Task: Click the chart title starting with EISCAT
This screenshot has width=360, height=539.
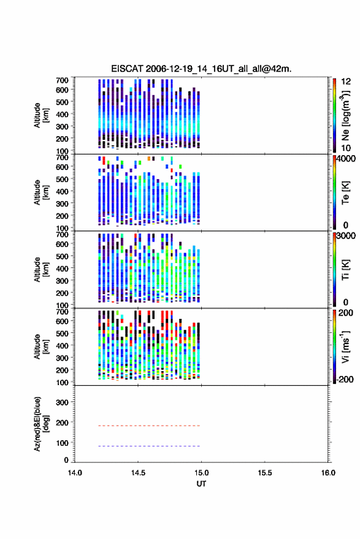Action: pyautogui.click(x=201, y=69)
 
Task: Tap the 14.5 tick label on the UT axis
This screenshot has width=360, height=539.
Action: pyautogui.click(x=138, y=473)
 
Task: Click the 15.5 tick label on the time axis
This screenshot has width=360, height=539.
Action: pyautogui.click(x=265, y=473)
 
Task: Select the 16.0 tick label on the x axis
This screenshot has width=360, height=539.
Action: pyautogui.click(x=328, y=473)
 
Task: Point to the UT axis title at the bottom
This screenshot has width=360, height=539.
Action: pyautogui.click(x=201, y=484)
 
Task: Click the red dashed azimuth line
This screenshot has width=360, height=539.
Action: pyautogui.click(x=148, y=426)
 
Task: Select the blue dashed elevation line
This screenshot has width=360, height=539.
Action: pyautogui.click(x=148, y=446)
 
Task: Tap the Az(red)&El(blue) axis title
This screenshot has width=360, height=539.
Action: pyautogui.click(x=41, y=424)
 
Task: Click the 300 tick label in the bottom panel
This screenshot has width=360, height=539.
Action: pyautogui.click(x=62, y=402)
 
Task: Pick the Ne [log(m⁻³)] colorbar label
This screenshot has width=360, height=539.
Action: pyautogui.click(x=345, y=115)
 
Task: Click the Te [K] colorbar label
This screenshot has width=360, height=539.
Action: pyautogui.click(x=345, y=193)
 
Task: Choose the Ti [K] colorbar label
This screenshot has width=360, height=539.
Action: pyautogui.click(x=345, y=270)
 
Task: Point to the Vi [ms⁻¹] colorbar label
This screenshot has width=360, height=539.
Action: pyautogui.click(x=345, y=346)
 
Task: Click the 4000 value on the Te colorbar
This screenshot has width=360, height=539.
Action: pyautogui.click(x=347, y=159)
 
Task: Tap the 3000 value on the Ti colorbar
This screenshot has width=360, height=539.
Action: pyautogui.click(x=347, y=236)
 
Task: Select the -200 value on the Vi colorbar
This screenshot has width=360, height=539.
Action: pyautogui.click(x=344, y=379)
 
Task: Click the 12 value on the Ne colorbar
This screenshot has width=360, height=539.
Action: pyautogui.click(x=346, y=82)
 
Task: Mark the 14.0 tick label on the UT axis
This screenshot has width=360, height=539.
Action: pyautogui.click(x=75, y=473)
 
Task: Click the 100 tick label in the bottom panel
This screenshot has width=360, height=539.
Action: pyautogui.click(x=62, y=443)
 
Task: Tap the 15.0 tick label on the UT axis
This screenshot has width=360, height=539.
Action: pyautogui.click(x=202, y=473)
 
